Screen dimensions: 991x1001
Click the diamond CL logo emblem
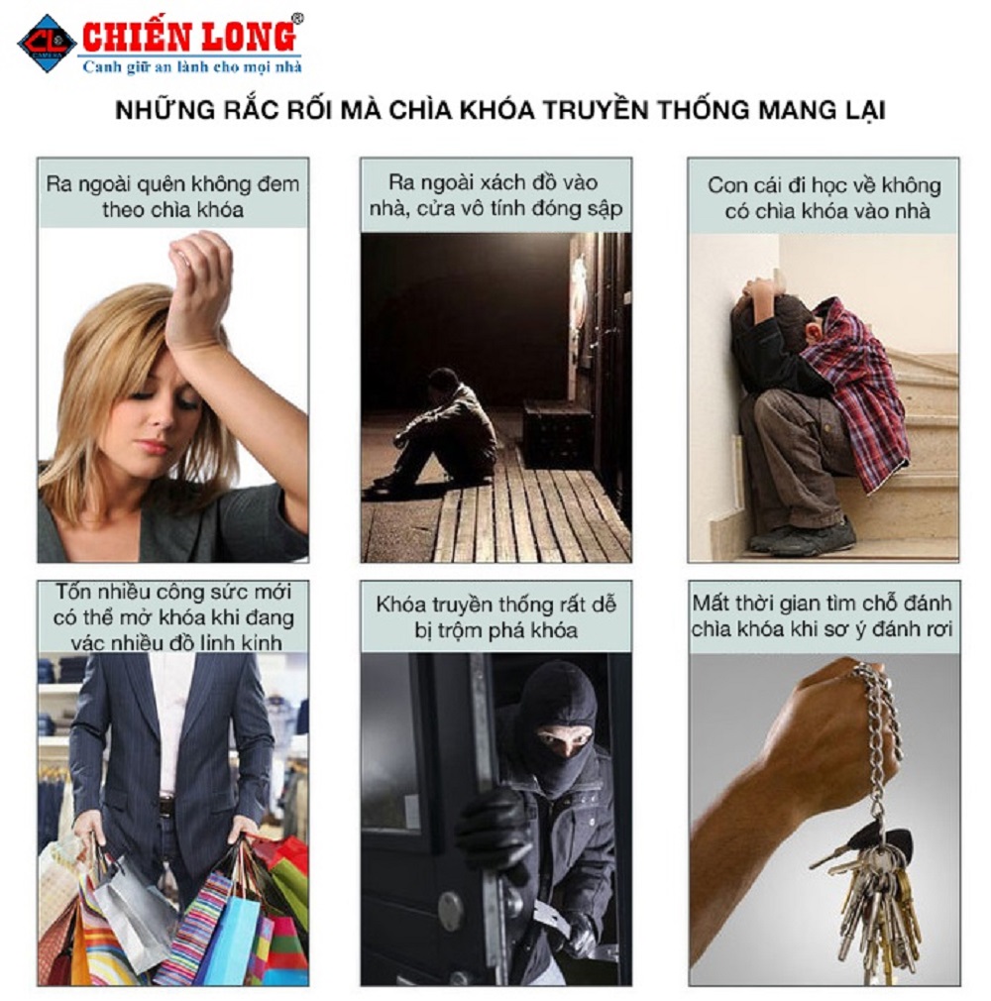pyautogui.click(x=48, y=44)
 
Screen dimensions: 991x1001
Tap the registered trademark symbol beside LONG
pyautogui.click(x=297, y=19)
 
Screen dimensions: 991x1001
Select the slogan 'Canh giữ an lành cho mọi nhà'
pyautogui.click(x=192, y=66)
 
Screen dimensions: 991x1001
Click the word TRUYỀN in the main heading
pyautogui.click(x=595, y=109)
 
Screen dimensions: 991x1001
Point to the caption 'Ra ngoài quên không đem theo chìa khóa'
pyautogui.click(x=173, y=196)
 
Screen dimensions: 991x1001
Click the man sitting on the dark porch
pyautogui.click(x=441, y=429)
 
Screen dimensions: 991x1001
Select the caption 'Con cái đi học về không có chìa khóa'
pyautogui.click(x=824, y=198)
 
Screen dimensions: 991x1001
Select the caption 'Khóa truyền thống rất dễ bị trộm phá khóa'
pyautogui.click(x=496, y=616)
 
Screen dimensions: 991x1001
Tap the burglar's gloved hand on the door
pyautogui.click(x=493, y=829)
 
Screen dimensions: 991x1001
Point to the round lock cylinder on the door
pyautogui.click(x=451, y=911)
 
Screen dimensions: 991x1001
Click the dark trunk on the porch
pyautogui.click(x=557, y=434)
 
